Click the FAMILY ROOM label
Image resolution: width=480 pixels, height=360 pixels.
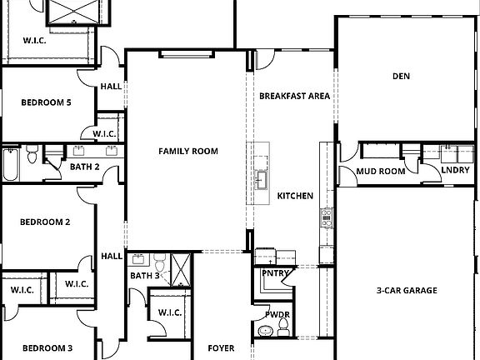point(188,151)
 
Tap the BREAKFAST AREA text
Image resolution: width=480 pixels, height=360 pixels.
point(294,96)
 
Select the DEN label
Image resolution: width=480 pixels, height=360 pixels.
point(402,77)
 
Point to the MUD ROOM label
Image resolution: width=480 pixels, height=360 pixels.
point(381,171)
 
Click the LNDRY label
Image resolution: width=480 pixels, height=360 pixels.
point(455,170)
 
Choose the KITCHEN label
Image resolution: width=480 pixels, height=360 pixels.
point(295,196)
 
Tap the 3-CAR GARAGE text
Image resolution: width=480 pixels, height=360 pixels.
point(407,290)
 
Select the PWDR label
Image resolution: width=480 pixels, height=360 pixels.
point(277,315)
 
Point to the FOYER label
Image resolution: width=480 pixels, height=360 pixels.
point(221,347)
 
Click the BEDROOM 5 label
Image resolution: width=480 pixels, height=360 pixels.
point(47,102)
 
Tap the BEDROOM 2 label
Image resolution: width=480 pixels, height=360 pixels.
point(45,222)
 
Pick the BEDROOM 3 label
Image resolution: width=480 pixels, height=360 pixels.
point(47,347)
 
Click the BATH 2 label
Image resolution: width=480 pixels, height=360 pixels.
point(85,167)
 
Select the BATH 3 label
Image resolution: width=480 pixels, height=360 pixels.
point(145,275)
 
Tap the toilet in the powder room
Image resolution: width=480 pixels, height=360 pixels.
point(265,332)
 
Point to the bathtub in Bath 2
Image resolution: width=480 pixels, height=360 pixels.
point(11,163)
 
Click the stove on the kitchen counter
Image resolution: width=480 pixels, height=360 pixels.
point(326,219)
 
